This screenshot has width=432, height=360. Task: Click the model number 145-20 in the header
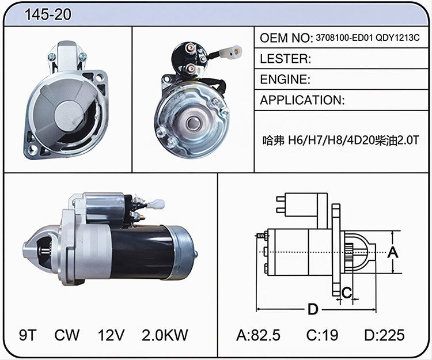48,14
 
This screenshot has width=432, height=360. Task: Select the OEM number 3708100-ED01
344,38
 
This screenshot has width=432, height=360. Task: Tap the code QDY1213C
397,38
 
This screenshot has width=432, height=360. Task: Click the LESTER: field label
286,59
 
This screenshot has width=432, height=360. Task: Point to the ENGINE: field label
285,79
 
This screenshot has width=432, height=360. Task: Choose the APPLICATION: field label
302,100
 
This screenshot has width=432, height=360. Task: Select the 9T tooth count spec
28,335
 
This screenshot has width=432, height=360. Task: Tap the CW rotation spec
67,335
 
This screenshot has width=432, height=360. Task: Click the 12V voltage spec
111,335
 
